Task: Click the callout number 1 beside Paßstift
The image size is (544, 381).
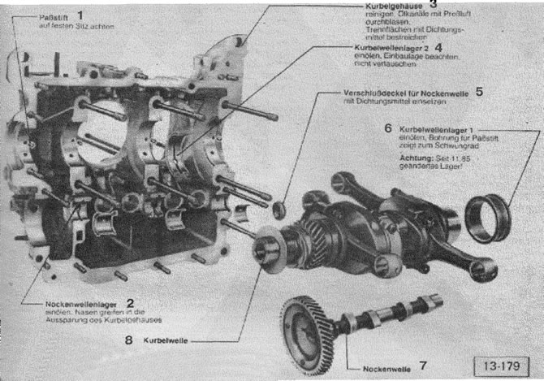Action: click(x=80, y=15)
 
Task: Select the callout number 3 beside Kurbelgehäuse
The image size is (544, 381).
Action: click(x=434, y=4)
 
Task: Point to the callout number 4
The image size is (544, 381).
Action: click(x=438, y=47)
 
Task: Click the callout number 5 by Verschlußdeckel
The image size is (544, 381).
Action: click(x=479, y=91)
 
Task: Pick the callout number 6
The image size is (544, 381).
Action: click(x=388, y=128)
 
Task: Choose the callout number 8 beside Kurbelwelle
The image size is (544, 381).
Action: click(x=129, y=340)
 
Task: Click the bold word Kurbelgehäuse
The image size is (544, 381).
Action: click(x=384, y=6)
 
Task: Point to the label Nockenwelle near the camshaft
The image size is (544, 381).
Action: click(x=382, y=367)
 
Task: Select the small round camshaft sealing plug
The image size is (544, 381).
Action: click(x=278, y=210)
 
